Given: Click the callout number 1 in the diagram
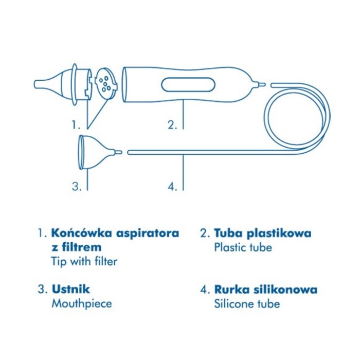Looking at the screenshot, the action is [76, 125].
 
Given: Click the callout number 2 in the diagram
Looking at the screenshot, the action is [172, 125].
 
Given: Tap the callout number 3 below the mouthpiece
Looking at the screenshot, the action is [77, 186].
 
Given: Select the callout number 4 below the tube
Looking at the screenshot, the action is [172, 186].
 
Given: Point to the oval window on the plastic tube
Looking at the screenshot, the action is [188, 85].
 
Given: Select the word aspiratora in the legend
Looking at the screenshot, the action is [148, 234].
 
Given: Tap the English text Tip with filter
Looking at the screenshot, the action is [84, 261].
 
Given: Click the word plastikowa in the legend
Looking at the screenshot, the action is [279, 234].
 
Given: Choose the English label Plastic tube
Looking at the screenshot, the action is [243, 248].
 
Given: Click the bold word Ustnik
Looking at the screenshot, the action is [71, 289].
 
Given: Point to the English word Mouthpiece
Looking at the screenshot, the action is [82, 304].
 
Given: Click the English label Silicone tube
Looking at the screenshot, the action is [247, 304].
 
